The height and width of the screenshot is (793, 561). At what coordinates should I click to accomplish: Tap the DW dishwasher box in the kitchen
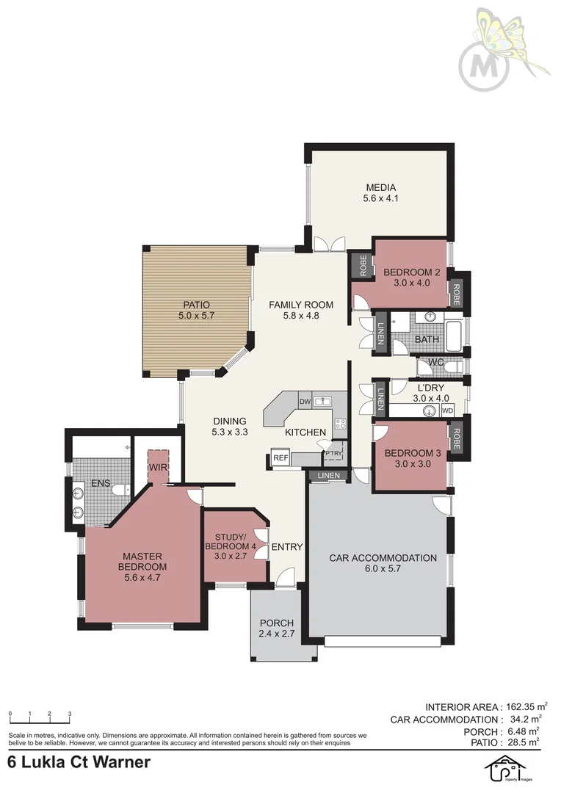pos(305,402)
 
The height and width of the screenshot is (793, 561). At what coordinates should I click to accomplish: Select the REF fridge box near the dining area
pos(280,458)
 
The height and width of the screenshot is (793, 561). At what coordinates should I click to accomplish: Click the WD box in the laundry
pos(447,410)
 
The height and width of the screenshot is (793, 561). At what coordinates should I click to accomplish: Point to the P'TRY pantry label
pos(334,452)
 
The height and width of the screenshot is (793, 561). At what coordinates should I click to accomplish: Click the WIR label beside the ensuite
pos(158,467)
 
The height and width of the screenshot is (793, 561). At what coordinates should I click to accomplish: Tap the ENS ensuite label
pos(100,484)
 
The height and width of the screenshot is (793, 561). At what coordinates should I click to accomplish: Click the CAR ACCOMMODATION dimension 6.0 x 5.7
pos(383,569)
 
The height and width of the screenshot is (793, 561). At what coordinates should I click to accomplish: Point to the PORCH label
pos(277,623)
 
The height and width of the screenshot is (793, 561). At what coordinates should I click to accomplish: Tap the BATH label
pos(427,339)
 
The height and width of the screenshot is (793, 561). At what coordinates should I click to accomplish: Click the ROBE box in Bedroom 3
pos(456,438)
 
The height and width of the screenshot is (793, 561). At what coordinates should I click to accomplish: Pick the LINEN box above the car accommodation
pos(329,477)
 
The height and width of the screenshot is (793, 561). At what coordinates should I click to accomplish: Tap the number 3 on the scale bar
pos(69,714)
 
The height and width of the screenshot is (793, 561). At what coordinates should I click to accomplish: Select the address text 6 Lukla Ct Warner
pos(79,762)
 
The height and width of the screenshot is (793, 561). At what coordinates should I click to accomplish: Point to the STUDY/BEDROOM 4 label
pos(230,546)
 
